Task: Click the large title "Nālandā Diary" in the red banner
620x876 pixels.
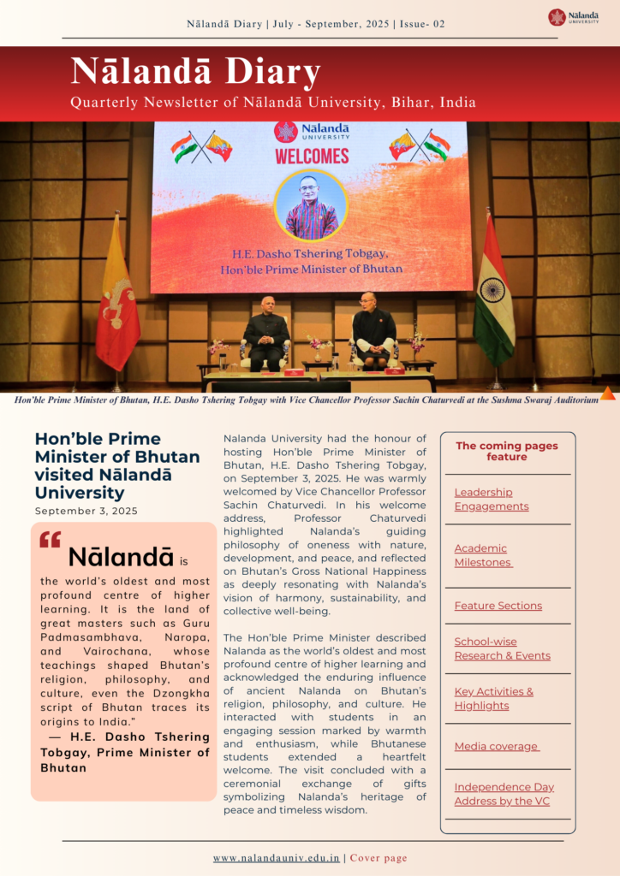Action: [x=195, y=71]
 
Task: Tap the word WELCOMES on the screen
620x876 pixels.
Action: [x=312, y=157]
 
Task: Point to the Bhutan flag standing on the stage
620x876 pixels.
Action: [x=117, y=291]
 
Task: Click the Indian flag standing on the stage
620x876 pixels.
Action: [x=494, y=291]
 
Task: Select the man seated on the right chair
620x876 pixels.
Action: [x=374, y=329]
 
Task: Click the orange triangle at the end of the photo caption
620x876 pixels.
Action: [x=607, y=394]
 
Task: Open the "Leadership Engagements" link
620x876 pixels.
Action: [x=491, y=499]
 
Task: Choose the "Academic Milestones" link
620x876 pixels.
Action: [x=483, y=555]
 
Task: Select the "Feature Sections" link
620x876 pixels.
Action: [x=498, y=606]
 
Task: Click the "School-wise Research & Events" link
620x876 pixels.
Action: [x=502, y=648]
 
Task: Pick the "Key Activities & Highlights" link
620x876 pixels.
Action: [x=493, y=698]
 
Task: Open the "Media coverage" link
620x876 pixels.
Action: [x=497, y=747]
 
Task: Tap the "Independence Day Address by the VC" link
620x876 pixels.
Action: [x=504, y=794]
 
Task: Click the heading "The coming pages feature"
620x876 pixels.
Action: [x=506, y=451]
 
